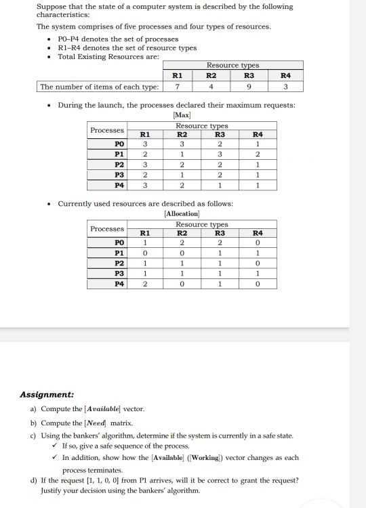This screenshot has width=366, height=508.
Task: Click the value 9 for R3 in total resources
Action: click(x=249, y=87)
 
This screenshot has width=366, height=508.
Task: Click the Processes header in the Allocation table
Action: click(x=107, y=228)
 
